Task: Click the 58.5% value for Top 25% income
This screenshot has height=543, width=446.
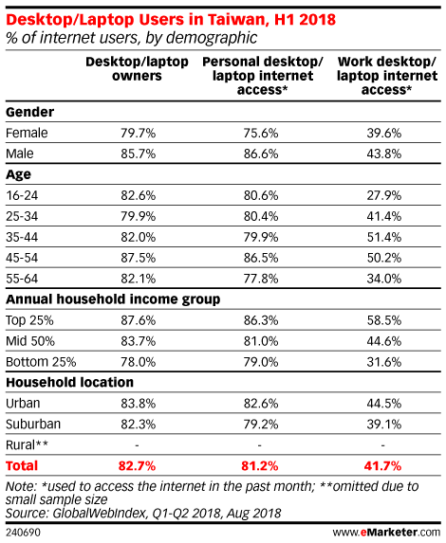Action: click(384, 320)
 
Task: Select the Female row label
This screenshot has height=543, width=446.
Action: click(27, 133)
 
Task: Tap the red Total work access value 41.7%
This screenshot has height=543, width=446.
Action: click(382, 466)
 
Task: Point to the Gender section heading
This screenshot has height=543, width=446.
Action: click(29, 112)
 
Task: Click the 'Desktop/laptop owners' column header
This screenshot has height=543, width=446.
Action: click(137, 68)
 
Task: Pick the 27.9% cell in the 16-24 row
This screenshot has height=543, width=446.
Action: click(384, 195)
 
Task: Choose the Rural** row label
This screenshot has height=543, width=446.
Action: click(27, 444)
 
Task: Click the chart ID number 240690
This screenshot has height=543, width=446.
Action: click(23, 533)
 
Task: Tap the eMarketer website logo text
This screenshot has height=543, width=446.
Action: click(386, 532)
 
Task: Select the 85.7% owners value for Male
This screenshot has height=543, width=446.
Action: click(138, 154)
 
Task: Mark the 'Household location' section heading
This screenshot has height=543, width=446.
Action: click(69, 382)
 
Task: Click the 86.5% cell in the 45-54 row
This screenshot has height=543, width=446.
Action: click(261, 258)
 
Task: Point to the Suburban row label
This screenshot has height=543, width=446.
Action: click(33, 424)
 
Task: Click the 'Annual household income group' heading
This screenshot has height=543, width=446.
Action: click(113, 299)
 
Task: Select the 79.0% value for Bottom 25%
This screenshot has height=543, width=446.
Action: click(261, 362)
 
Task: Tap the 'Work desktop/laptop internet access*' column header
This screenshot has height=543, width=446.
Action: click(387, 76)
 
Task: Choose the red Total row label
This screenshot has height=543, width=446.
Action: click(22, 466)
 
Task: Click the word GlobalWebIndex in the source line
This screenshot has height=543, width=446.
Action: click(100, 514)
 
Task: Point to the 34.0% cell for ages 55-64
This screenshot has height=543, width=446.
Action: click(384, 279)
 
